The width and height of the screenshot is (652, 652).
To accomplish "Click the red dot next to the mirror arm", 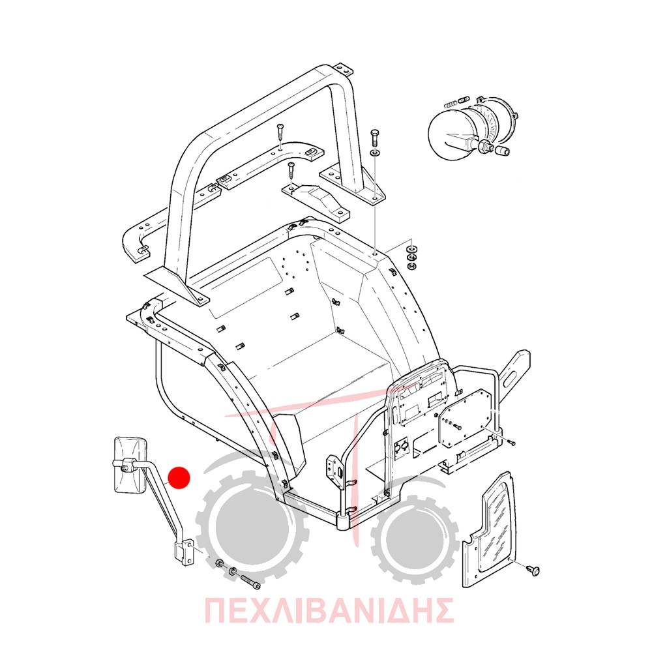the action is point(179,477).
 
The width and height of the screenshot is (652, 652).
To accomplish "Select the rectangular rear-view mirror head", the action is point(130,464).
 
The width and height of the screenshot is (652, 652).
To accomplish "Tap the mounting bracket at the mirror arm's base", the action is point(183,552).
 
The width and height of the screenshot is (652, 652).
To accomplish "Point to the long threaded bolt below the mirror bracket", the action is point(250,580).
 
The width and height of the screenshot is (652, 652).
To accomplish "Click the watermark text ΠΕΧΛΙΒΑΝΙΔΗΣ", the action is point(329,610).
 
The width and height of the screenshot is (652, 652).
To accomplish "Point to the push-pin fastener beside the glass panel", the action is point(533,570).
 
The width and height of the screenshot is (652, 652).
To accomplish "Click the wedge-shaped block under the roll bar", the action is point(317,201).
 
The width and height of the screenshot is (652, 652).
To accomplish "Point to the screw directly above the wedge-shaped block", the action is point(291,171).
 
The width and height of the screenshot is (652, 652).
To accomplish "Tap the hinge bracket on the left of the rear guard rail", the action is point(336,472).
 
